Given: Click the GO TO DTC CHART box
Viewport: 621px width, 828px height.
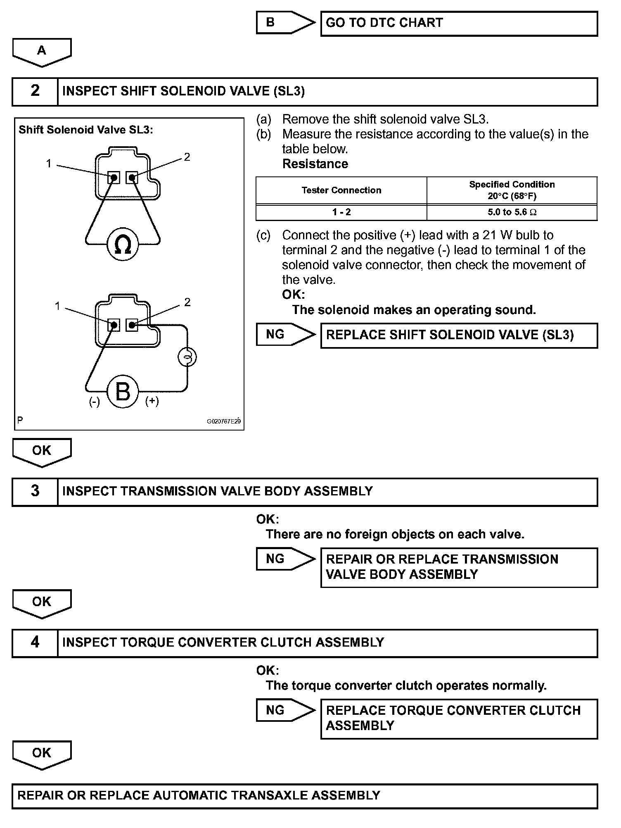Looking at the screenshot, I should pyautogui.click(x=459, y=23).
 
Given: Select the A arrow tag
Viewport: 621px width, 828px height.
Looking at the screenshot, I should pyautogui.click(x=42, y=51).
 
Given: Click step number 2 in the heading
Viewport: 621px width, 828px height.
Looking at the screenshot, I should pyautogui.click(x=35, y=91).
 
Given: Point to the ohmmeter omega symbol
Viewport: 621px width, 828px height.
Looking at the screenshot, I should pyautogui.click(x=123, y=245).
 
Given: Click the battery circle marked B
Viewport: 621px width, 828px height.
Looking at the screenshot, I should pyautogui.click(x=123, y=391).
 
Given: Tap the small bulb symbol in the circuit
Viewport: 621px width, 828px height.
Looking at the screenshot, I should pyautogui.click(x=187, y=357).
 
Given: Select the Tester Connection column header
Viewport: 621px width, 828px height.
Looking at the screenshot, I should pyautogui.click(x=341, y=190).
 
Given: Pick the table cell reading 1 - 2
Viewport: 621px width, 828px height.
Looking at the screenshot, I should pyautogui.click(x=341, y=212).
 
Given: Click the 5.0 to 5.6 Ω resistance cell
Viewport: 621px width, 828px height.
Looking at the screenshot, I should pyautogui.click(x=512, y=212).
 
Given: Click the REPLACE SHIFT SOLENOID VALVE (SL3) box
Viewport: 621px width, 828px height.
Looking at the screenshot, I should pyautogui.click(x=459, y=335).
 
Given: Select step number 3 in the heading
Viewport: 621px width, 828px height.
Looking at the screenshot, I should pyautogui.click(x=35, y=491).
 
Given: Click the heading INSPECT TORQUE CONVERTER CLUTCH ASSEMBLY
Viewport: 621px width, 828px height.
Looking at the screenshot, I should pyautogui.click(x=223, y=642).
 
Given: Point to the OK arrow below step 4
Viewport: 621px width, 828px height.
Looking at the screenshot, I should pyautogui.click(x=42, y=754).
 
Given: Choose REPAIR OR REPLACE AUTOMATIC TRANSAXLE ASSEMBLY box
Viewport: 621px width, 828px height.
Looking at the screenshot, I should pyautogui.click(x=305, y=795).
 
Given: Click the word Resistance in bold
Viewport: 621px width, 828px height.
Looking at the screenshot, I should pyautogui.click(x=315, y=164).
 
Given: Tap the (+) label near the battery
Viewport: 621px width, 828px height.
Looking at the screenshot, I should pyautogui.click(x=152, y=401).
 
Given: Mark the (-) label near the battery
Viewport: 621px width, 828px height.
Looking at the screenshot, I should pyautogui.click(x=95, y=402).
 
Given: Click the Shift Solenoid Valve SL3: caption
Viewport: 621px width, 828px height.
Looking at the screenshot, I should pyautogui.click(x=85, y=130).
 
